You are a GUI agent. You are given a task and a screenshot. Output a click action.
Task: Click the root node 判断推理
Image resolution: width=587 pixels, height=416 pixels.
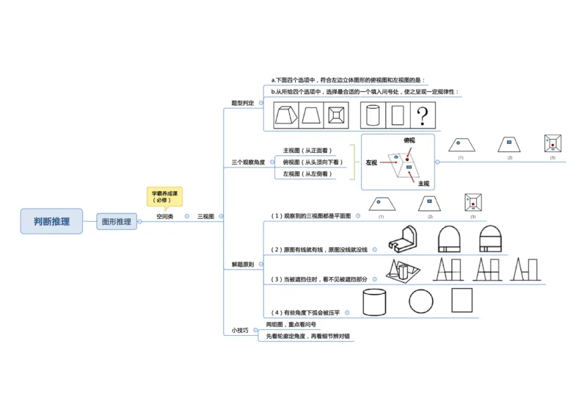point(51,221)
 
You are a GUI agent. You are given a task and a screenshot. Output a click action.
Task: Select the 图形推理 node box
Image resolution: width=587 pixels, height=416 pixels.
point(117,221)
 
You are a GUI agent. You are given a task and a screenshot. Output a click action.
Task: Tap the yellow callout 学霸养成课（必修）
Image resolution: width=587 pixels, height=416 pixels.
point(165,196)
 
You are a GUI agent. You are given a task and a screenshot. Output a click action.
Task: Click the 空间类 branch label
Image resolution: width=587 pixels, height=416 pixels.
point(165,217)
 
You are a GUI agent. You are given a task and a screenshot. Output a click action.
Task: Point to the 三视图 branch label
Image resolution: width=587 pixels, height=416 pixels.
point(205,217)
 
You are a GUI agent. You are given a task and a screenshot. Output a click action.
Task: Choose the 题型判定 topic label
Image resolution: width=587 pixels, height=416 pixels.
point(242,104)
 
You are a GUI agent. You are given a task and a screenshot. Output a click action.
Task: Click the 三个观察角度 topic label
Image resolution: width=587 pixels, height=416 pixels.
point(248,162)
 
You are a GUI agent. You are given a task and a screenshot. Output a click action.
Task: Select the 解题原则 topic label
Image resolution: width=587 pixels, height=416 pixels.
point(242,264)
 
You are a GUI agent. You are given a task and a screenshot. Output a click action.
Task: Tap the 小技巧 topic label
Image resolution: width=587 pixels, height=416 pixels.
point(239,330)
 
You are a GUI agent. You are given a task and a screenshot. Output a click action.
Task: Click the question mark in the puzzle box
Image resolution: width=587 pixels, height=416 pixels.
point(422,115)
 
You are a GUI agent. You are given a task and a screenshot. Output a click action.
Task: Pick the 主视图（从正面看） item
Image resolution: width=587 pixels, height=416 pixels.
point(307,151)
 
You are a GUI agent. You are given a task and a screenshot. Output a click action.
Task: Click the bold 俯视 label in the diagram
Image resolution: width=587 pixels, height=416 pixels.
point(409,140)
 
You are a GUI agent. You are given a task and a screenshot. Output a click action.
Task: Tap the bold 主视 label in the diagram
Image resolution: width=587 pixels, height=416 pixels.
point(423,183)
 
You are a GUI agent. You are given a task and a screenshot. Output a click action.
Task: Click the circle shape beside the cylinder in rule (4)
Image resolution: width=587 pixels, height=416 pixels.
point(421,301)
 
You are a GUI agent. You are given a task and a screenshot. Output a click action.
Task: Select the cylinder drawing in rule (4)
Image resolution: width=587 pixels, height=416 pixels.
point(374,301)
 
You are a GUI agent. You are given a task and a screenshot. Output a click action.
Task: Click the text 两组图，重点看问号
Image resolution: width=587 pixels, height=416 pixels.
point(291,324)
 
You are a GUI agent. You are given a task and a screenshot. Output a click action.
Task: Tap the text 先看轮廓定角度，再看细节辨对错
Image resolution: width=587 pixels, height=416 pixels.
point(308,336)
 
